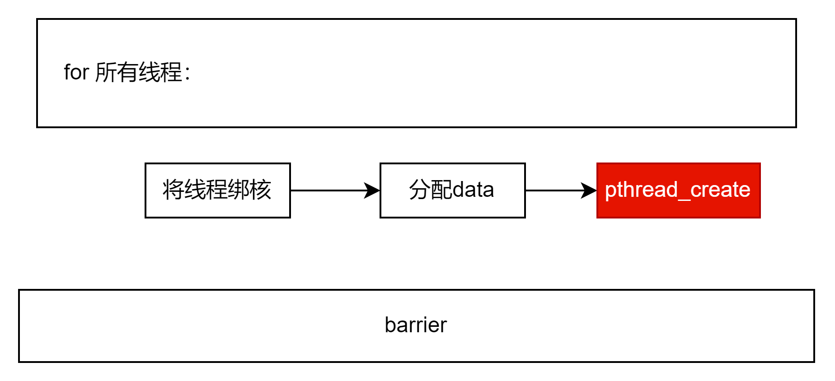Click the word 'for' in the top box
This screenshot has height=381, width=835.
(x=76, y=72)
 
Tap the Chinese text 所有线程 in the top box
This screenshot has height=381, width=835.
(x=139, y=72)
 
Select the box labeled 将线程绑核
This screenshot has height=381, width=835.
(x=218, y=190)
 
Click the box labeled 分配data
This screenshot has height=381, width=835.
(x=453, y=190)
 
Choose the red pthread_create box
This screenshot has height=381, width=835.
(x=679, y=190)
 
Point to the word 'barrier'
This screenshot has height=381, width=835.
(x=416, y=325)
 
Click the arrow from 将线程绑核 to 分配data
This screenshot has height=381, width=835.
(x=335, y=190)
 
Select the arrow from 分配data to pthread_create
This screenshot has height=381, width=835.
(x=561, y=190)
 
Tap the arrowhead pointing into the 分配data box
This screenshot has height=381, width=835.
(x=372, y=190)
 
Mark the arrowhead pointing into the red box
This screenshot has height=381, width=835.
(x=589, y=190)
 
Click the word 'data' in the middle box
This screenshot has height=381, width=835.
(x=473, y=190)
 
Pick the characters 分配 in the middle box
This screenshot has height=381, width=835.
(x=431, y=190)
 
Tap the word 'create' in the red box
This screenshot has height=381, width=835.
(x=721, y=190)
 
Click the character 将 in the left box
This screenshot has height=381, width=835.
(x=174, y=190)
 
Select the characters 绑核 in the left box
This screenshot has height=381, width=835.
(x=249, y=190)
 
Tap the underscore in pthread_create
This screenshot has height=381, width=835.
(x=684, y=200)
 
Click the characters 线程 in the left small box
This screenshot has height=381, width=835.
(x=206, y=190)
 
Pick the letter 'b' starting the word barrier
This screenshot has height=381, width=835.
(x=390, y=325)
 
